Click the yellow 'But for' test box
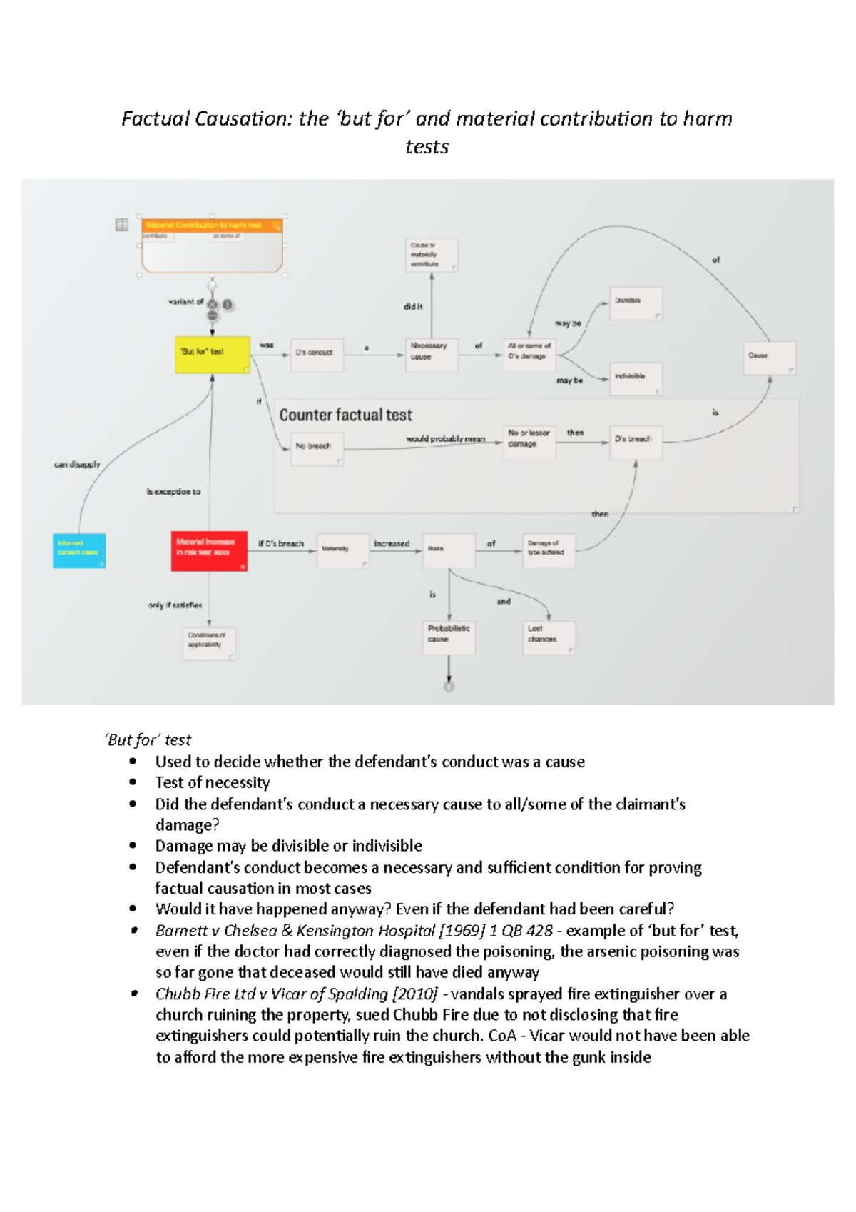212,354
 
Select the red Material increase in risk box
209,550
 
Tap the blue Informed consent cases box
79,551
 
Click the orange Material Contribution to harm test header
212,226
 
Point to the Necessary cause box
431,354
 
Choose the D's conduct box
317,354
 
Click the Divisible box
636,303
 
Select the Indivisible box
636,378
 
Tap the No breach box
317,448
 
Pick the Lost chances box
549,636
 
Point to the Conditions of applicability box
209,642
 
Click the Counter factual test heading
345,415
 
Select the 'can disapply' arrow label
77,465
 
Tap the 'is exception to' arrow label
173,492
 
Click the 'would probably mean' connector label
445,439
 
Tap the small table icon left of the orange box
122,225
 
